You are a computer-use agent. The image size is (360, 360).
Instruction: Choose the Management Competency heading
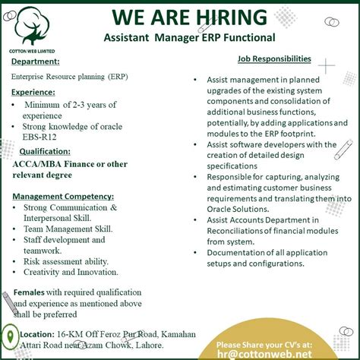(63, 196)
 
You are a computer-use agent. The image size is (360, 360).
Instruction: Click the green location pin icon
(10, 336)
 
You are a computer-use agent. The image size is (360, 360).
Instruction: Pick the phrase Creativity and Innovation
(71, 272)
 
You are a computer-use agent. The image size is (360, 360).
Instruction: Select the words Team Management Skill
(68, 229)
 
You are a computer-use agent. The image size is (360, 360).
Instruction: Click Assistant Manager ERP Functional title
(189, 37)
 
